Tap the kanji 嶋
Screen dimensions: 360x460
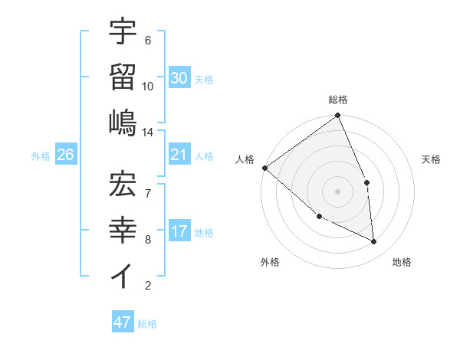click(123, 122)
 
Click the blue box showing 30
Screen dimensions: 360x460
click(179, 78)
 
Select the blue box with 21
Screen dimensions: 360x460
click(179, 155)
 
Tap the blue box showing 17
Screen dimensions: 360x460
click(179, 232)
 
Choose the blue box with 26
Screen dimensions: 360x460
click(65, 155)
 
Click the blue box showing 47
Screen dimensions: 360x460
click(122, 322)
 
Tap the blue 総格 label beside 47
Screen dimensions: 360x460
click(147, 324)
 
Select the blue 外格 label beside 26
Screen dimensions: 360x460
click(41, 156)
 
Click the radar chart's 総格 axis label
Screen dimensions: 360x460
click(338, 100)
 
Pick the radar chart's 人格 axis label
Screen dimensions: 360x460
click(245, 159)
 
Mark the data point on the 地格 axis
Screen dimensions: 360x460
click(374, 241)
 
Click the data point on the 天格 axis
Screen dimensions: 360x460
click(366, 182)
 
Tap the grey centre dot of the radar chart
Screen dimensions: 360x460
click(337, 191)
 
